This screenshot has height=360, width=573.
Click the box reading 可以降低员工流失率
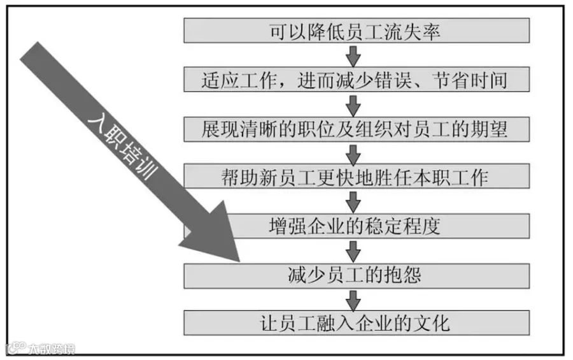(x=357, y=31)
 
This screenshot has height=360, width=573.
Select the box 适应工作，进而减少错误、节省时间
(x=357, y=79)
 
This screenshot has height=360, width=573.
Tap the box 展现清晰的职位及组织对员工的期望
(x=357, y=128)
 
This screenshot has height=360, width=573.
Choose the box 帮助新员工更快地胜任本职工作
(x=357, y=176)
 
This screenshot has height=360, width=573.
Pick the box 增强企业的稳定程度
(x=357, y=226)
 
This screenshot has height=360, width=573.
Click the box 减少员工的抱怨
(x=357, y=275)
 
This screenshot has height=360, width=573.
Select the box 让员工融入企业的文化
(x=357, y=322)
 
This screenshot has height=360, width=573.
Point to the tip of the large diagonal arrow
(x=238, y=261)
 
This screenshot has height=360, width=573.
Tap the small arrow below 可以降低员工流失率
(x=354, y=55)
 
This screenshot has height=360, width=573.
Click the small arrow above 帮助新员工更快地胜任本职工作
(x=354, y=152)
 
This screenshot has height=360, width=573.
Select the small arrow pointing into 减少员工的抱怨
(x=354, y=250)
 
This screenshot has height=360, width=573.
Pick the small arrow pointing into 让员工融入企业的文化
(x=354, y=299)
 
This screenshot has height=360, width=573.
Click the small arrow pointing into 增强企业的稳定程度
(x=354, y=201)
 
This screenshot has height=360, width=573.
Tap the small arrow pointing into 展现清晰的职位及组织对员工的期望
(x=354, y=103)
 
